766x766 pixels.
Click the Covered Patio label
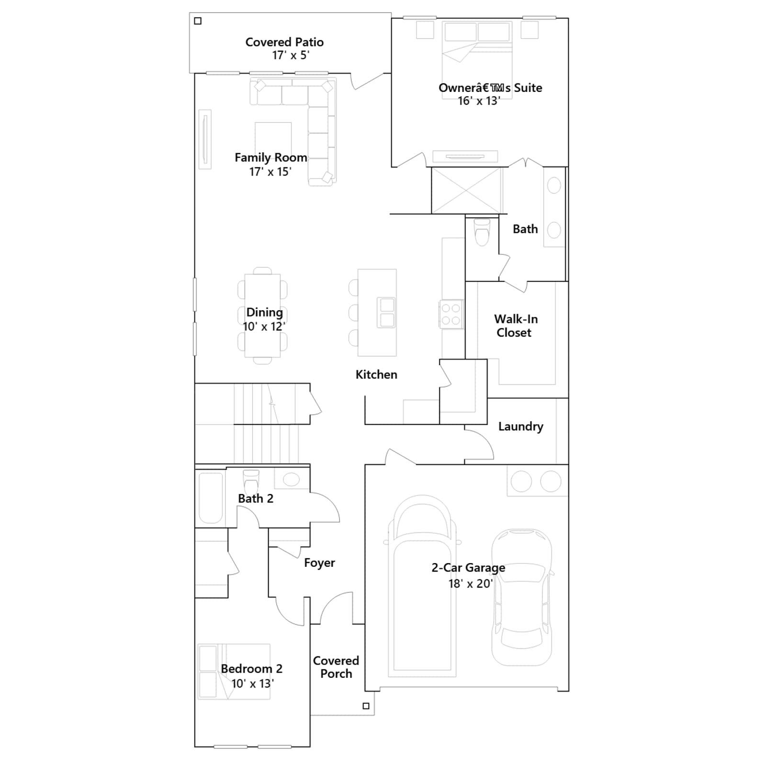point(284,42)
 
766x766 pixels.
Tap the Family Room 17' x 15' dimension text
point(270,171)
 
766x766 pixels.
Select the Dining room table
point(262,315)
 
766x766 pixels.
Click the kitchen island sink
point(386,313)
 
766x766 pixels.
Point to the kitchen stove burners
point(451,314)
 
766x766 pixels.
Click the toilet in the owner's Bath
point(482,232)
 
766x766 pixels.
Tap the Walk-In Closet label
point(516,326)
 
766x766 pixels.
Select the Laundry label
point(520,426)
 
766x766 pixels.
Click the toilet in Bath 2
point(251,481)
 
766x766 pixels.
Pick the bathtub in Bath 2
point(211,498)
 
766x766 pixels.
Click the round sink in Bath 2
point(291,479)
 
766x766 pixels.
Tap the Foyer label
point(319,563)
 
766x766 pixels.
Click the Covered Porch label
point(336,667)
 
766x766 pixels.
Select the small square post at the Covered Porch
point(366,706)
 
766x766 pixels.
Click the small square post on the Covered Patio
point(198,21)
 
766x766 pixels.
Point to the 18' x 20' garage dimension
point(470,584)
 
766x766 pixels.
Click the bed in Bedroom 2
point(234,671)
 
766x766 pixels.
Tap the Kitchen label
point(376,374)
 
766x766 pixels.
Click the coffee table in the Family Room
point(273,138)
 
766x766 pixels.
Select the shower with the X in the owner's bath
point(467,191)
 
